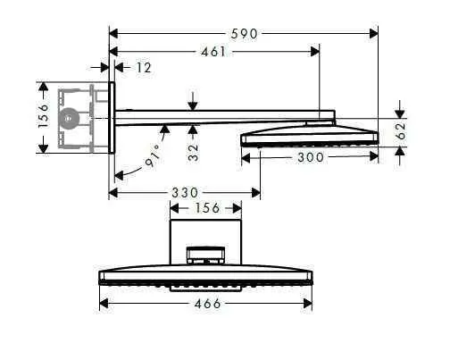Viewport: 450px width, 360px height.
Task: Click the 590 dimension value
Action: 244,34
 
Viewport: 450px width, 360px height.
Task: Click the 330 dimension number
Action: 184,193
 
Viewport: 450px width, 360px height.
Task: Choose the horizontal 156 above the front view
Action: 206,208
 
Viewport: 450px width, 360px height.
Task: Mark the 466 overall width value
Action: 206,304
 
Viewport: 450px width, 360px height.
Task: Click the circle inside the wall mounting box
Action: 68,117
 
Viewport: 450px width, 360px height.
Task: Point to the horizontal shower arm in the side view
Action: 223,115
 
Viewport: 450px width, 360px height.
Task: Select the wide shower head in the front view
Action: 206,276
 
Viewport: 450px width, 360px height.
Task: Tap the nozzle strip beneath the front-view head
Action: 206,289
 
